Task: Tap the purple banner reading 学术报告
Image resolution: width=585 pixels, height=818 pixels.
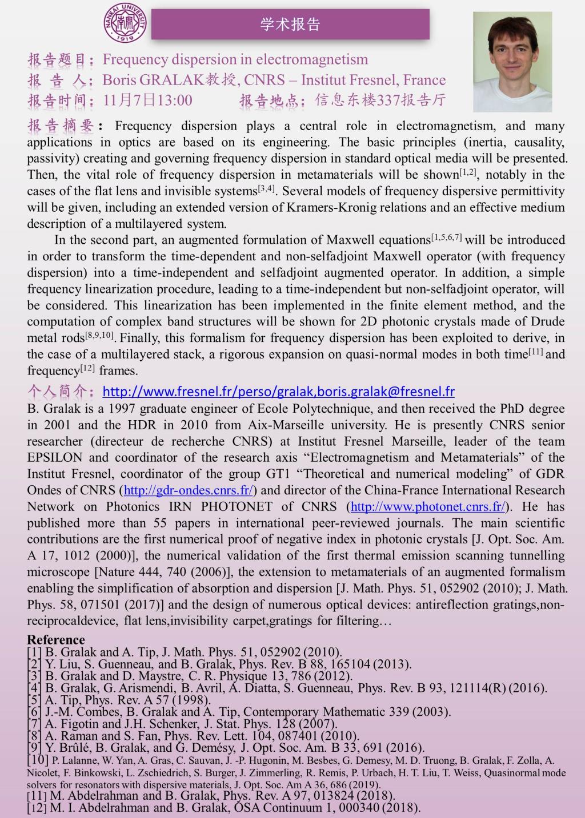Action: (x=290, y=24)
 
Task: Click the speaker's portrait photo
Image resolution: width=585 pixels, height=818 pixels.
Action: (x=520, y=62)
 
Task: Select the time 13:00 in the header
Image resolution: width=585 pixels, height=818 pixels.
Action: (x=174, y=100)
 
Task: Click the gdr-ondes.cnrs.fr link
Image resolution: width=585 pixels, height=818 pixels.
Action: (x=189, y=490)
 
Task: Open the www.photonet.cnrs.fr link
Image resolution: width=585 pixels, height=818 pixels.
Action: (x=428, y=506)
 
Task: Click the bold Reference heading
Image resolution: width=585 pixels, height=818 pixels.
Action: (x=56, y=639)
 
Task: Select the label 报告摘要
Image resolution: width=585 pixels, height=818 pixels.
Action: (x=61, y=126)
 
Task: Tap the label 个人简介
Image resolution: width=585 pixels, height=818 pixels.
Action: (x=61, y=392)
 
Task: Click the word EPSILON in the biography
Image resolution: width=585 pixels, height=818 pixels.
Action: (x=55, y=458)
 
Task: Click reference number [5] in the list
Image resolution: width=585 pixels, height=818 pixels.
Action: (x=34, y=700)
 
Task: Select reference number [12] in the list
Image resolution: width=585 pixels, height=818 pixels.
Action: (x=37, y=808)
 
